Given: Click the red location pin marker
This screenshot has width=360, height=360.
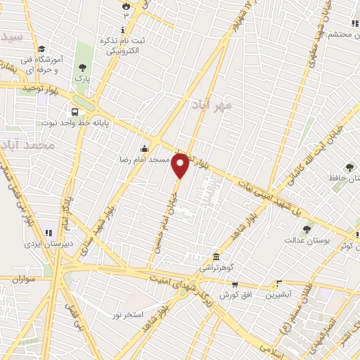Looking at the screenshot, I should coord(181,166).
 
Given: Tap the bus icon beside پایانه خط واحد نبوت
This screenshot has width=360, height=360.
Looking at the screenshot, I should coord(75,111).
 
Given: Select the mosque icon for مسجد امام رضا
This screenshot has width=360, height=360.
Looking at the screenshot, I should coord(145,148).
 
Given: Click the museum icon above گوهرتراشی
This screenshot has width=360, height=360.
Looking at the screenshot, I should coord(215,257).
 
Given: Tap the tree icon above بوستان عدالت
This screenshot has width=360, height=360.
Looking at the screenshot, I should coord(307,229).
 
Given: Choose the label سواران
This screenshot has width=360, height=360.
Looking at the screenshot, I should coord(23,279).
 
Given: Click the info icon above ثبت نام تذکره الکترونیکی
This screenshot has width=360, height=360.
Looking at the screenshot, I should coord(124,30).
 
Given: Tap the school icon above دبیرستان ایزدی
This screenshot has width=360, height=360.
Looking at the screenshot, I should coord(49,233).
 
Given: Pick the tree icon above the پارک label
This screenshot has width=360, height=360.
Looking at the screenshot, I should coord(83,67).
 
